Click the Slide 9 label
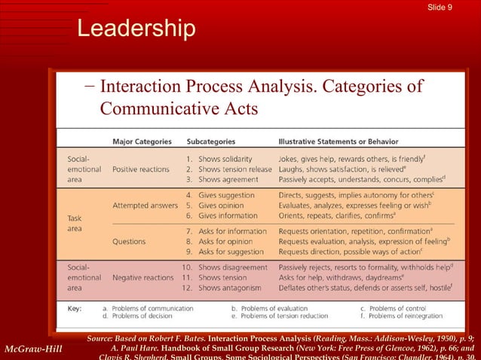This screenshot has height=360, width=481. click(x=459, y=8)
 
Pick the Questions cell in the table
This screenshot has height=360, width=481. click(x=129, y=241)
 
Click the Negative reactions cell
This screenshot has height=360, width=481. click(x=143, y=277)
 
